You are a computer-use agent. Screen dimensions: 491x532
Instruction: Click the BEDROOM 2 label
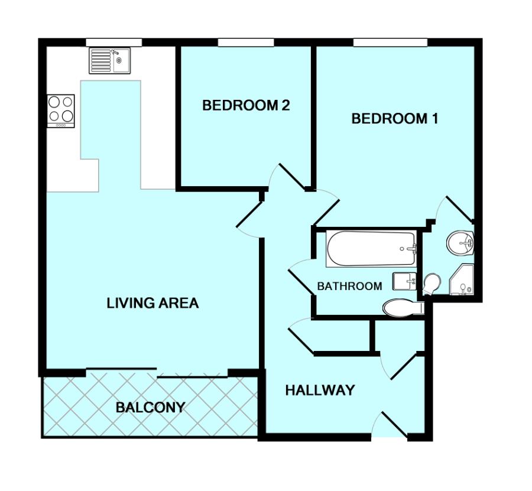pos(246,106)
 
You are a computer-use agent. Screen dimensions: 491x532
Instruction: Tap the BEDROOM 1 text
pos(394,119)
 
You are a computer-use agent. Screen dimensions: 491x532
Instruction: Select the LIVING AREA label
pos(153,304)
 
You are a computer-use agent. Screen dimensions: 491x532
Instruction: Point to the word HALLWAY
pos(320,391)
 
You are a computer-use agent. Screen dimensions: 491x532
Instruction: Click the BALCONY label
pos(150,408)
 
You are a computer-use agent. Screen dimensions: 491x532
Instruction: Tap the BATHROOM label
pos(349,287)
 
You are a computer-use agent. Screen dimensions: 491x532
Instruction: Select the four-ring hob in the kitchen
pos(61,110)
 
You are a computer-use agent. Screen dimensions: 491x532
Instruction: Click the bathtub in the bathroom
pos(371,248)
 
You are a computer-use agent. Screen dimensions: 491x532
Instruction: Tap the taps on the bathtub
pos(413,248)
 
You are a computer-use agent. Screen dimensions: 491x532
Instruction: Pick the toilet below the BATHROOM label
pos(401,308)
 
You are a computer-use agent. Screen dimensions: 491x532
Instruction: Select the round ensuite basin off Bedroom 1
pos(460,242)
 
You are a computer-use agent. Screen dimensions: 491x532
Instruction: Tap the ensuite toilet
pos(432,282)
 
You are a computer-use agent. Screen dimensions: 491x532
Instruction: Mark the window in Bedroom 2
pos(245,42)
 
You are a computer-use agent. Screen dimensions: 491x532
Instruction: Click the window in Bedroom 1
pos(390,42)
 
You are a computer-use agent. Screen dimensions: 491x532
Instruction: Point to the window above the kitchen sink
pos(113,42)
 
